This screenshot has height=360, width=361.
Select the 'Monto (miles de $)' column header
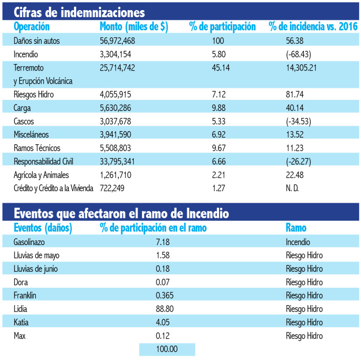coord(134,27)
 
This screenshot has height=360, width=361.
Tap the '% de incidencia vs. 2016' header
coord(313,27)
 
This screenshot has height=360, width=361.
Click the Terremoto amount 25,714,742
coord(117,68)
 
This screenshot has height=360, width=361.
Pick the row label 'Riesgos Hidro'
coord(34,94)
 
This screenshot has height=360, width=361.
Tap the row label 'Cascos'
coord(24,121)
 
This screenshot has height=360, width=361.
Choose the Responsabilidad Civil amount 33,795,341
coord(117,161)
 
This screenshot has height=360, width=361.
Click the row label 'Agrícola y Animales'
coord(41,175)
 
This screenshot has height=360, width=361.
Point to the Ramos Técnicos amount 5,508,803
coord(116,148)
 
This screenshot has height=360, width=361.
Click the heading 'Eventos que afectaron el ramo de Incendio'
coord(121,214)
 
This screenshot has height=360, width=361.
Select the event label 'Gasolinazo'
coord(29,242)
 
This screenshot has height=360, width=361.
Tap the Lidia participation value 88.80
coord(165,309)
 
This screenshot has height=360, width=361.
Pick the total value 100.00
coord(166,349)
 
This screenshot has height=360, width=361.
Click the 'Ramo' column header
coord(296,228)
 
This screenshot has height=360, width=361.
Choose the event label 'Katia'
coord(21,323)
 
